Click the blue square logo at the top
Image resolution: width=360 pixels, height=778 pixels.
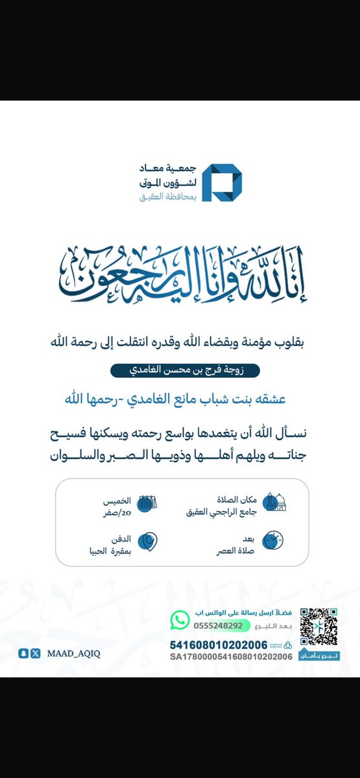point(222,183)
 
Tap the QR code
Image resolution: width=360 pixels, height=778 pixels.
point(319,627)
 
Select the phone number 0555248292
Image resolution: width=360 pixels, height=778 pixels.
point(218,626)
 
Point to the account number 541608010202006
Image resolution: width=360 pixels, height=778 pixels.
point(218,645)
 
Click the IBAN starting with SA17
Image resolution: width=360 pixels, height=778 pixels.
point(223,657)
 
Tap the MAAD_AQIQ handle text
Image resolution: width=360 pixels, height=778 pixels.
point(73,653)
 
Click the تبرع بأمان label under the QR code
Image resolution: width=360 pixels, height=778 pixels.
point(319,657)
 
